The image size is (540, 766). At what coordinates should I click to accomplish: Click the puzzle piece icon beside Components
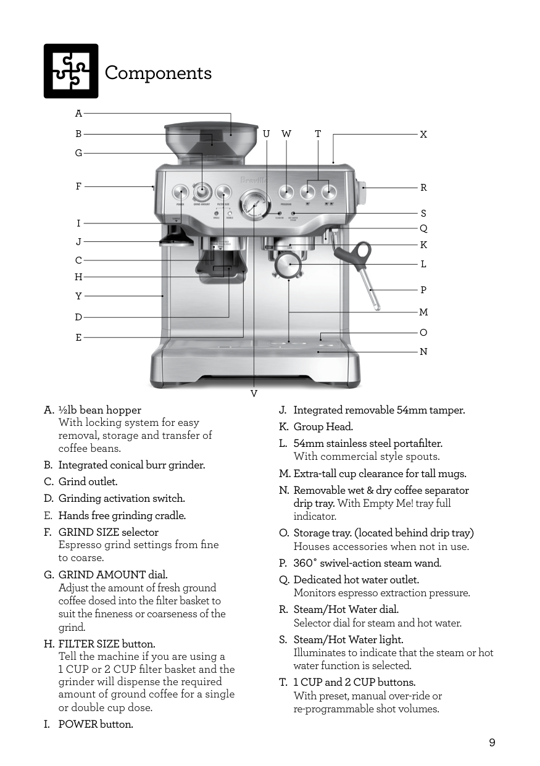point(71,71)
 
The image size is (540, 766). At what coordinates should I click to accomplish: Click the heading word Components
point(158,73)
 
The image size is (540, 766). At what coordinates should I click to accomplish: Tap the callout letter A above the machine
point(78,114)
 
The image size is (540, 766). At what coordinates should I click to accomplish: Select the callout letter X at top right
point(423,134)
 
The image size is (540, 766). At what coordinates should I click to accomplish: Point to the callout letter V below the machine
point(254,393)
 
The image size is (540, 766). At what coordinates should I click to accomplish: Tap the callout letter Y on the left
point(78,296)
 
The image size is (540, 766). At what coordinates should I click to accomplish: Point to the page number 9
point(492,743)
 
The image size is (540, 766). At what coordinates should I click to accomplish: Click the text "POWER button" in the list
point(96,724)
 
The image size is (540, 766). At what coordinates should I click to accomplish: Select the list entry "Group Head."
point(323,427)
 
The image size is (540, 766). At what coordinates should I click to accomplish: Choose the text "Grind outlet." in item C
point(88,481)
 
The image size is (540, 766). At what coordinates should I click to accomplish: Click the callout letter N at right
point(423,352)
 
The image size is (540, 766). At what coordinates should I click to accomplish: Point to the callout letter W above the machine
point(286,134)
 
